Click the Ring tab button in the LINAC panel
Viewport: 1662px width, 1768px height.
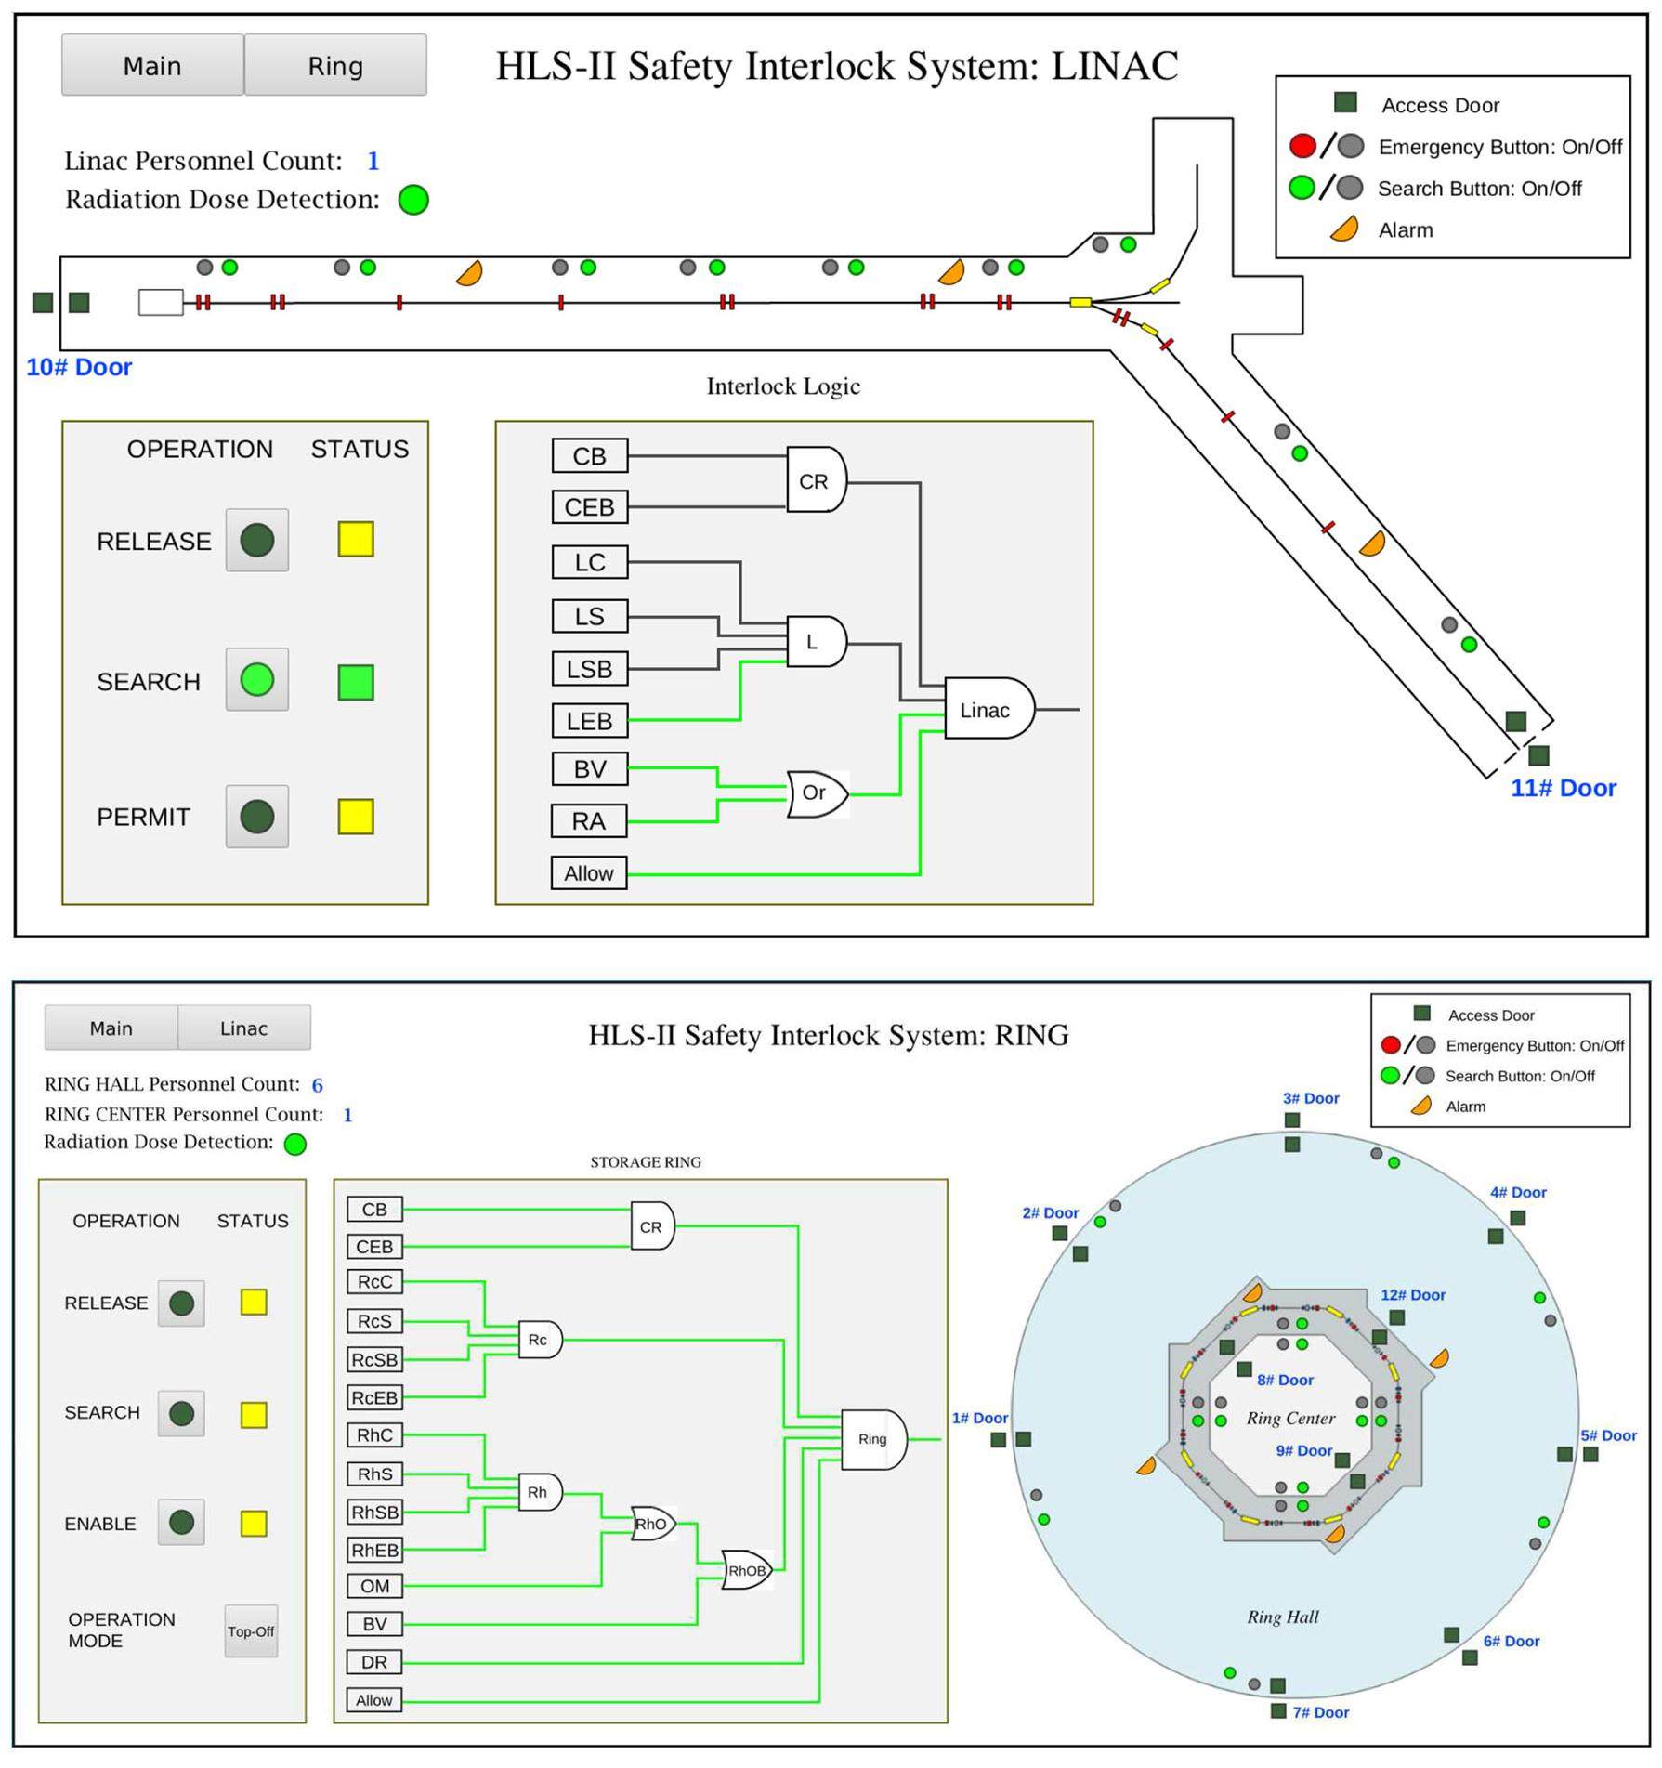335,65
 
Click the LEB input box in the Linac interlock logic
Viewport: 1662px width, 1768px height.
589,720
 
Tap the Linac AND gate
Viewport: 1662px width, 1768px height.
988,709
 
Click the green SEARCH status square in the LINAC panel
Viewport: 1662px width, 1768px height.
356,682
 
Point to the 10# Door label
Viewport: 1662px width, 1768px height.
79,367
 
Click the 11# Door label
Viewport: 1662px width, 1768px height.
1563,788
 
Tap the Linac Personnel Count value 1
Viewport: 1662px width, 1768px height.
373,161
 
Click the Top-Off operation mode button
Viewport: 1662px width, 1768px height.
251,1630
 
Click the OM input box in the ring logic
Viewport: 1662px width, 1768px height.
374,1586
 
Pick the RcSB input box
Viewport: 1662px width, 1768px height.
374,1359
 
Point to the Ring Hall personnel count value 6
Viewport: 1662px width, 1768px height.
318,1084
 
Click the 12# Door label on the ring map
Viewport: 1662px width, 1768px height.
1412,1294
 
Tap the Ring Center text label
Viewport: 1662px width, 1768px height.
1290,1418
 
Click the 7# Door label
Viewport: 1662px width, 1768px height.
1320,1711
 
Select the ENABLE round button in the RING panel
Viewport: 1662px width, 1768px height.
181,1522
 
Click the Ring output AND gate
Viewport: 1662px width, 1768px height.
873,1439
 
